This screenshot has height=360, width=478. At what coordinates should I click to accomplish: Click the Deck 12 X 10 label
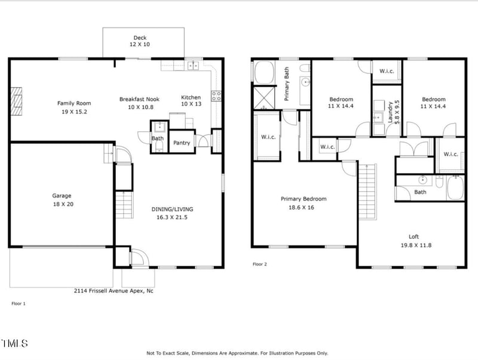140,41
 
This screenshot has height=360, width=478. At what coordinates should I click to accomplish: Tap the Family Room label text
73,106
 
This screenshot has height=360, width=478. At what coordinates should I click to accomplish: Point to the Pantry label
182,143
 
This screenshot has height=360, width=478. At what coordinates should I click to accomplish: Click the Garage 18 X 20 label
62,199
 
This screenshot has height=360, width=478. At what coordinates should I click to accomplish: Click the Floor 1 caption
19,304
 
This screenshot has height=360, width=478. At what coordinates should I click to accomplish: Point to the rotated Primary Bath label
287,84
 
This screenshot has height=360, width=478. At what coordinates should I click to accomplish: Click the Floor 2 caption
259,264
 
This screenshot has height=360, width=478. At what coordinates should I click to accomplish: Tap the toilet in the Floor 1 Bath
158,147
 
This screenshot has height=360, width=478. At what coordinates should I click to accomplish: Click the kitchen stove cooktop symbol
216,94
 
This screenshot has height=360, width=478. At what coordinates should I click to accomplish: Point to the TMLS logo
16,343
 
